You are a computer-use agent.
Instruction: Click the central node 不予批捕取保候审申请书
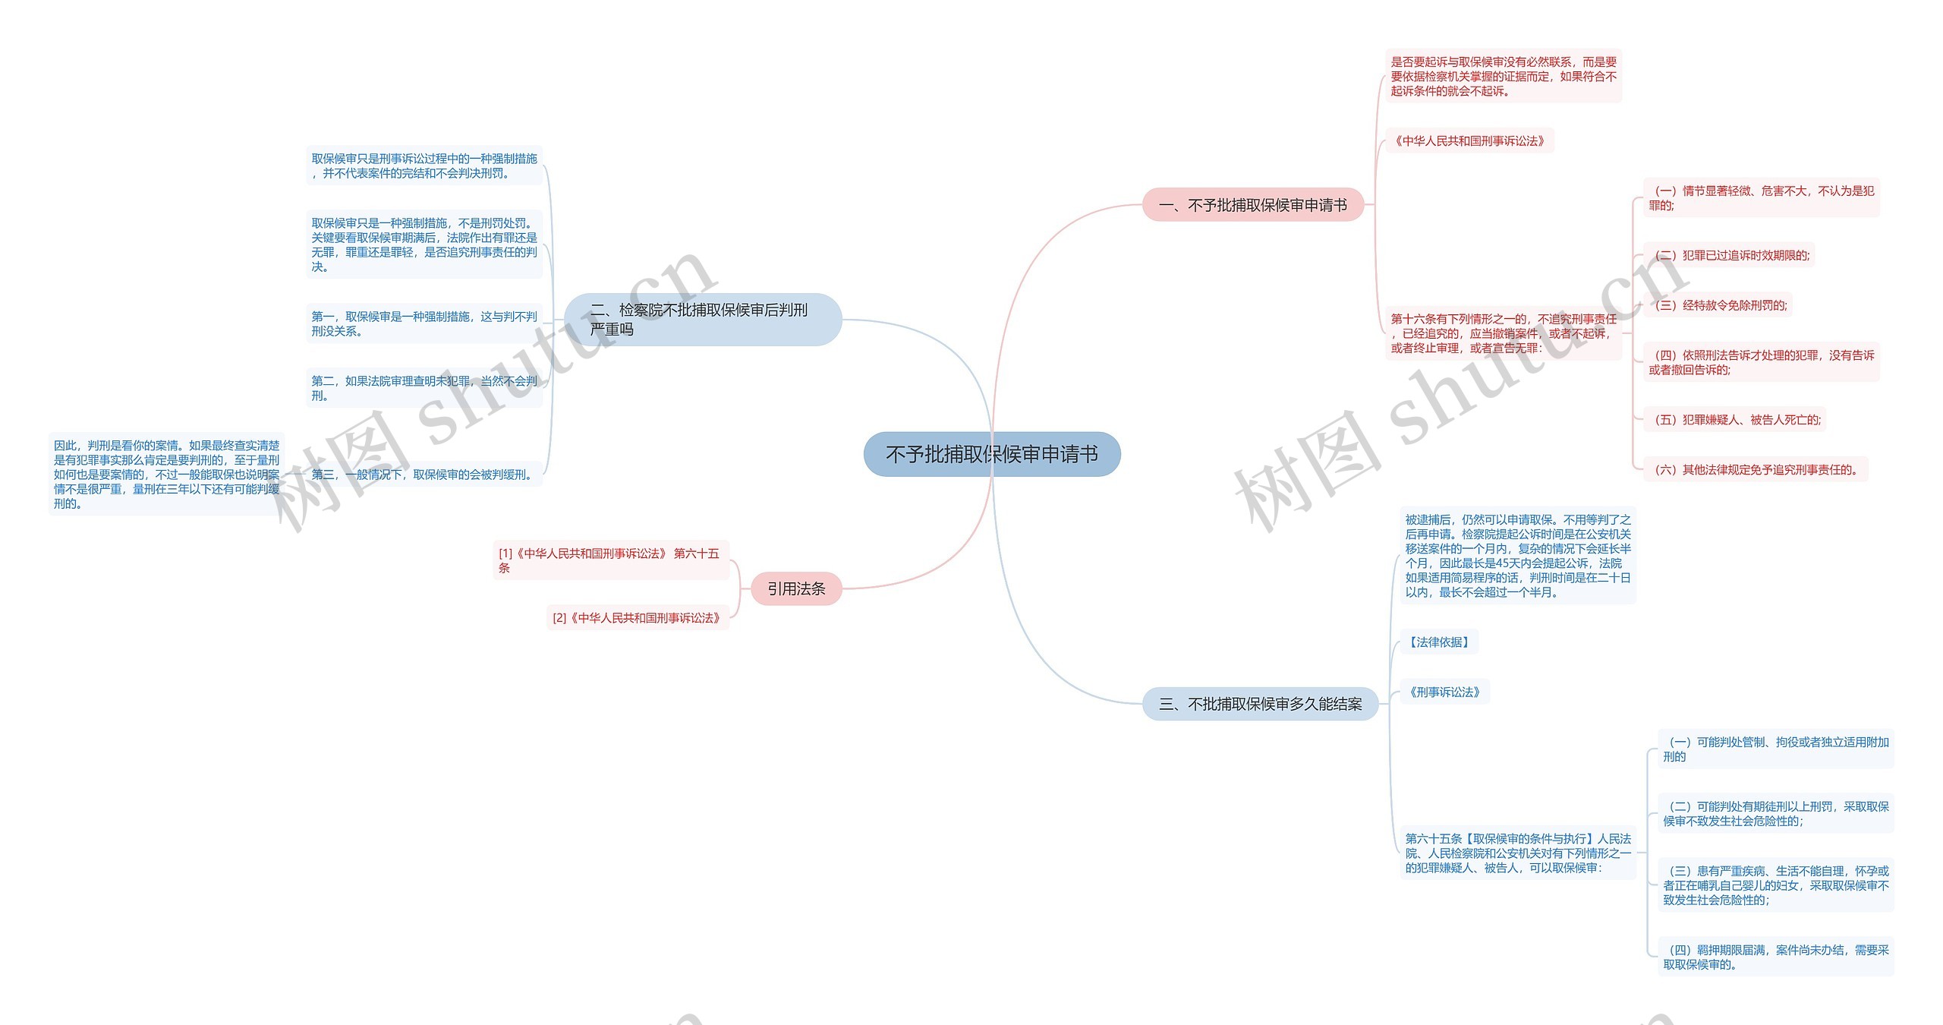tap(991, 454)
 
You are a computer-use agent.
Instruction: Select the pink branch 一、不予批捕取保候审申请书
tap(1252, 205)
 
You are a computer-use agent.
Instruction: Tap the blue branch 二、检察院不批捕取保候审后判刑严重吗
tap(702, 320)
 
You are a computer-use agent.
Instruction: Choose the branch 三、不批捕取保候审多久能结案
tap(1260, 704)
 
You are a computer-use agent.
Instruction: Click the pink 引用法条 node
tap(796, 588)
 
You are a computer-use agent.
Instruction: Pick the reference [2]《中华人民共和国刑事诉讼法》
tap(637, 618)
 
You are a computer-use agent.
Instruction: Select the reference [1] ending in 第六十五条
tap(609, 560)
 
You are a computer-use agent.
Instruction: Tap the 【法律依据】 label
tap(1438, 642)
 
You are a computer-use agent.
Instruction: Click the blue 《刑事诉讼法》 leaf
tap(1444, 692)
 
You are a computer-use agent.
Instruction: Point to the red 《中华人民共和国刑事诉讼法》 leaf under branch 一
tap(1469, 140)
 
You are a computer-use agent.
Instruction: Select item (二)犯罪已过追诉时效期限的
tap(1728, 255)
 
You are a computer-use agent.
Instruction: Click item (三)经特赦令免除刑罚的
tap(1717, 305)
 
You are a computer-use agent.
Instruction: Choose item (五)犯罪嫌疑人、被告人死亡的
tap(1734, 420)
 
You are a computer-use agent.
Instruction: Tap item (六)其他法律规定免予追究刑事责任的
tap(1755, 470)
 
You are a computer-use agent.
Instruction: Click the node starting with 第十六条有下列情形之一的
tap(1503, 333)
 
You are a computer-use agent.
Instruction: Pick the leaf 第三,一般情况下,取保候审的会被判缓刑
tap(423, 475)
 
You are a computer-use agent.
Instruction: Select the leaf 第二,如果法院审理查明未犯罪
tap(424, 388)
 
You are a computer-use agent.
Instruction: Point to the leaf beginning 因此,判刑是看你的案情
tap(166, 474)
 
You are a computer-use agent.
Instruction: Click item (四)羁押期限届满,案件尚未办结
tap(1775, 957)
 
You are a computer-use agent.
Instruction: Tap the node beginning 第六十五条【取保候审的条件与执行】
tap(1517, 853)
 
